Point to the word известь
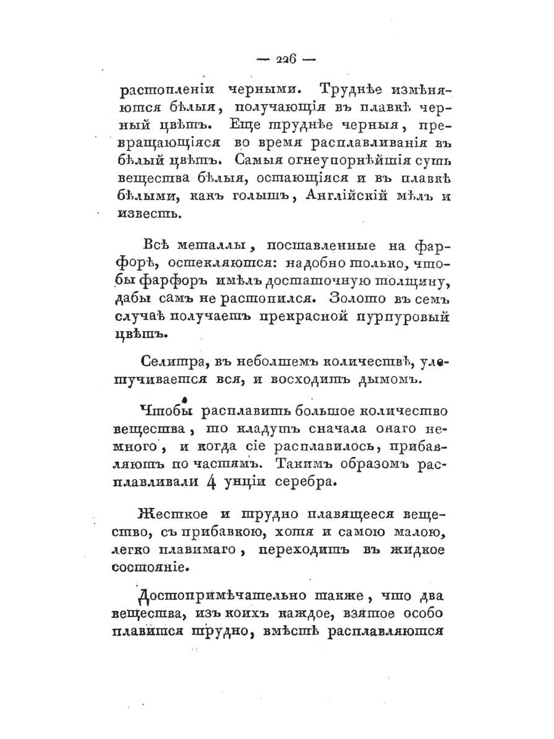pos(141,215)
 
